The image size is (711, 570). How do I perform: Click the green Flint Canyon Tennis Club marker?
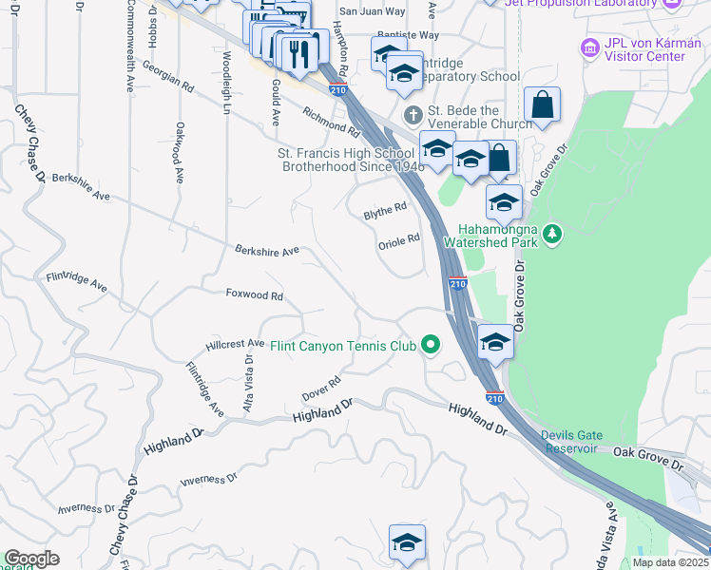[x=431, y=345]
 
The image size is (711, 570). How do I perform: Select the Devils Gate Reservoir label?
[x=569, y=442]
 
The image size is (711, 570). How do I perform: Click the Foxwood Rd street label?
[x=255, y=295]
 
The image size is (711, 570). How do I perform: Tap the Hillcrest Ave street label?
[x=235, y=343]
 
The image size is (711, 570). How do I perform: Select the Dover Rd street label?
[x=321, y=387]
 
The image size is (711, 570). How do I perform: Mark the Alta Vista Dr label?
[x=249, y=383]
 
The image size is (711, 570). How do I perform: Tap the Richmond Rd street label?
[x=331, y=122]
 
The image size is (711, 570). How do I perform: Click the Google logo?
[x=31, y=558]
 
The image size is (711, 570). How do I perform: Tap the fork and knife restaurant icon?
[x=299, y=53]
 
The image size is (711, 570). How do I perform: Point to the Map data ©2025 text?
[x=670, y=562]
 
